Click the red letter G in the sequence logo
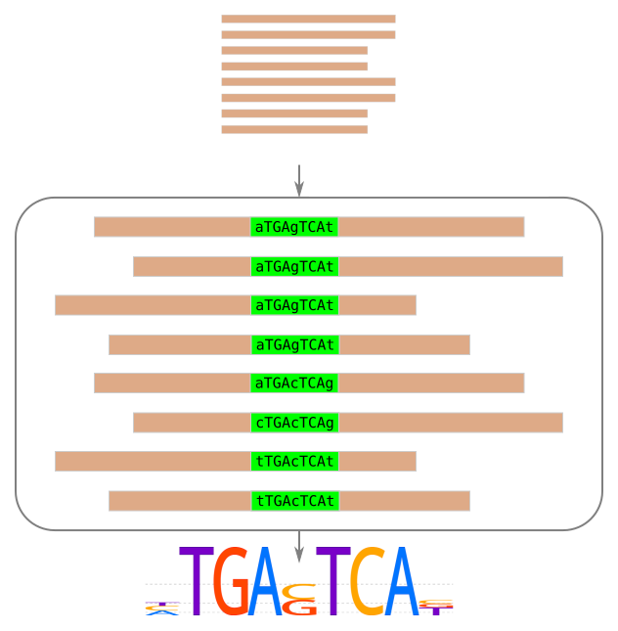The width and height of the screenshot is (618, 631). click(232, 583)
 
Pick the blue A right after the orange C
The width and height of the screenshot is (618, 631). click(400, 583)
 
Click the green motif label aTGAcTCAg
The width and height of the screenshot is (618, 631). click(294, 383)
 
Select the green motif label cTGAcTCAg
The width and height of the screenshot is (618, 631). click(294, 423)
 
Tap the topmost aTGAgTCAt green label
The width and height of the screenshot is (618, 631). click(294, 227)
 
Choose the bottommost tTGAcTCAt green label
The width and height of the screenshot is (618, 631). click(294, 501)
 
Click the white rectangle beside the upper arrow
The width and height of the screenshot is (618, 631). click(428, 177)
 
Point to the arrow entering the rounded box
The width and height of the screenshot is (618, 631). click(299, 181)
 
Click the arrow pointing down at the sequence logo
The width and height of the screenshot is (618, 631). click(299, 546)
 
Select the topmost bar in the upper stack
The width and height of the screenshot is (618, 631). click(308, 19)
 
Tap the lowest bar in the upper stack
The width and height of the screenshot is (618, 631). click(294, 129)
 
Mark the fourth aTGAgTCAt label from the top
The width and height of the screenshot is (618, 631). click(294, 344)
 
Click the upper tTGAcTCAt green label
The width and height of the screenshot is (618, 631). click(294, 462)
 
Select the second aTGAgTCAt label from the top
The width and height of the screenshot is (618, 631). click(294, 266)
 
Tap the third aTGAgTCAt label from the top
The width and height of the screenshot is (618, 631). click(294, 305)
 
